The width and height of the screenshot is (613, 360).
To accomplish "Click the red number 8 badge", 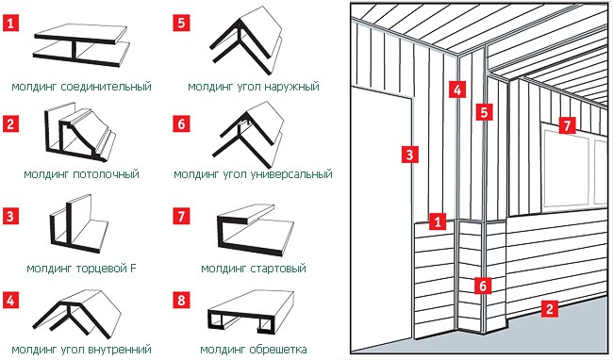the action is [181, 301].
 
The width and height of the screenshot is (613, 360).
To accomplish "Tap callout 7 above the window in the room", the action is [567, 125].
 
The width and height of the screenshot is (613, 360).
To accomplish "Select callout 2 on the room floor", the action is [549, 308].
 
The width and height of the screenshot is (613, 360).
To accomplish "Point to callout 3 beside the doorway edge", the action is [409, 155].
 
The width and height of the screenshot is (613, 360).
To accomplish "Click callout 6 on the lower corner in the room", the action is [483, 286].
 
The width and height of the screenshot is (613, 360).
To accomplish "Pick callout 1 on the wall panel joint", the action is [437, 221].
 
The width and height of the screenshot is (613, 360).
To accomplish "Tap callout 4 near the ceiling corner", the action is [457, 90].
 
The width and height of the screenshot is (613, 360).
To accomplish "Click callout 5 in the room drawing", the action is [484, 112].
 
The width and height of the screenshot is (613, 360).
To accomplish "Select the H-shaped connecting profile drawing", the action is [81, 45].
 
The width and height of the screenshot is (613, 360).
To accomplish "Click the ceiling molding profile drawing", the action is [80, 133].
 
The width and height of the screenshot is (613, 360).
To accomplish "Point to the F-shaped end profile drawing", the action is [79, 223].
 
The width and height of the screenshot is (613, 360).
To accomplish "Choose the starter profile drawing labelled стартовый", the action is [255, 230].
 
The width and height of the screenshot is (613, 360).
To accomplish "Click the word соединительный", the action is [107, 87].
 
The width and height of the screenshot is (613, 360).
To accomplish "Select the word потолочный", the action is [107, 173].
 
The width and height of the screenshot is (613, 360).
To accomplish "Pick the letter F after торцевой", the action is [133, 269].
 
